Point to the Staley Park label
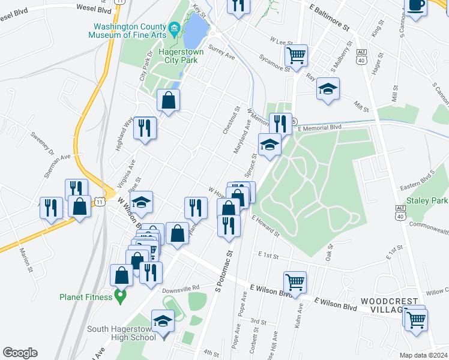(x=426, y=200)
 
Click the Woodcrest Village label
(x=388, y=304)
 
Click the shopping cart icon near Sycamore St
(x=297, y=56)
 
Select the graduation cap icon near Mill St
(x=328, y=89)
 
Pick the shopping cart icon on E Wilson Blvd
(x=295, y=281)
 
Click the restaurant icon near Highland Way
(x=145, y=128)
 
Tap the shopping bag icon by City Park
(x=169, y=100)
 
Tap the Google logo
(x=20, y=353)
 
